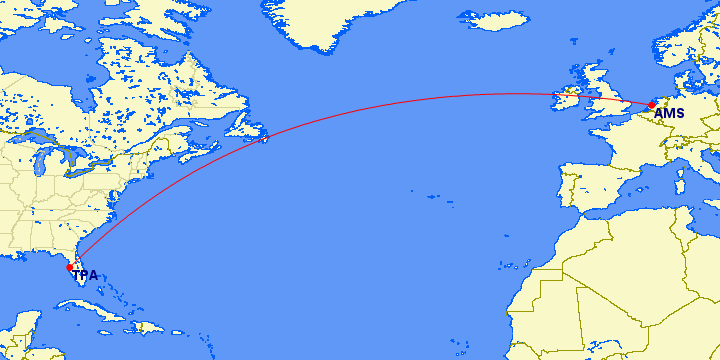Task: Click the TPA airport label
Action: point(85,275)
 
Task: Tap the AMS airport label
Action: point(669,113)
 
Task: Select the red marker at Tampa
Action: point(69,267)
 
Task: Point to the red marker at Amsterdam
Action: point(651,103)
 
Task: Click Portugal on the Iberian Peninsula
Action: point(565,190)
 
